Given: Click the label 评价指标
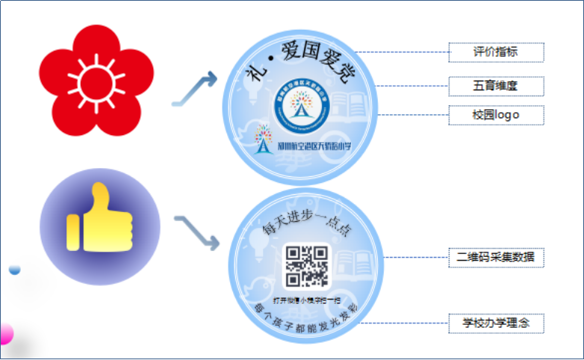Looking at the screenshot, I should [x=496, y=52].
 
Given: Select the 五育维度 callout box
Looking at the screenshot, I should [x=496, y=86].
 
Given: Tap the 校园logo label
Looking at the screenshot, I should [x=496, y=115].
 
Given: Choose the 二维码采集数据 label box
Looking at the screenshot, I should [x=496, y=257].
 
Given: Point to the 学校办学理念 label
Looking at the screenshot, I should [x=496, y=323].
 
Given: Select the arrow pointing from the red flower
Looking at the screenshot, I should [x=195, y=89].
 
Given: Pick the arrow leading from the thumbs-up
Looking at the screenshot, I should [x=196, y=232].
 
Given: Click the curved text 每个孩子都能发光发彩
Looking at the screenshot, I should [x=306, y=311].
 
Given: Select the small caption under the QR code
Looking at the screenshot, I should [x=306, y=298].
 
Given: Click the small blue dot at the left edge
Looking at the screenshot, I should [x=14, y=270].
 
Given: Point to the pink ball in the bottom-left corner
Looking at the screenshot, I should [x=5, y=333].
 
